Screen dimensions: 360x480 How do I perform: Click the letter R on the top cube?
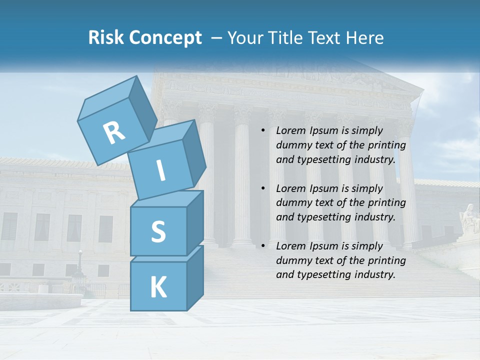(x=114, y=132)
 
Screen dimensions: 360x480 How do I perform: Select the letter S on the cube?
(x=158, y=231)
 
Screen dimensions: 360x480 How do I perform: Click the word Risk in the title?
(x=106, y=38)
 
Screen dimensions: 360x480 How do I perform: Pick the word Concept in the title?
(x=166, y=38)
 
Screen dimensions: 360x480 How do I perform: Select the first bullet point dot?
(x=263, y=130)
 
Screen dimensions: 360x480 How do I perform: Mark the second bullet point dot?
(x=263, y=188)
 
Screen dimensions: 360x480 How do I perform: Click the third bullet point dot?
(x=263, y=246)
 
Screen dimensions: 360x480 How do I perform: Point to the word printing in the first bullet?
(x=387, y=145)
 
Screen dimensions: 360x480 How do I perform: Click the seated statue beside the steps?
(x=469, y=218)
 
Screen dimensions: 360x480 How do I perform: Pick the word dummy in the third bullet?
(x=293, y=260)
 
